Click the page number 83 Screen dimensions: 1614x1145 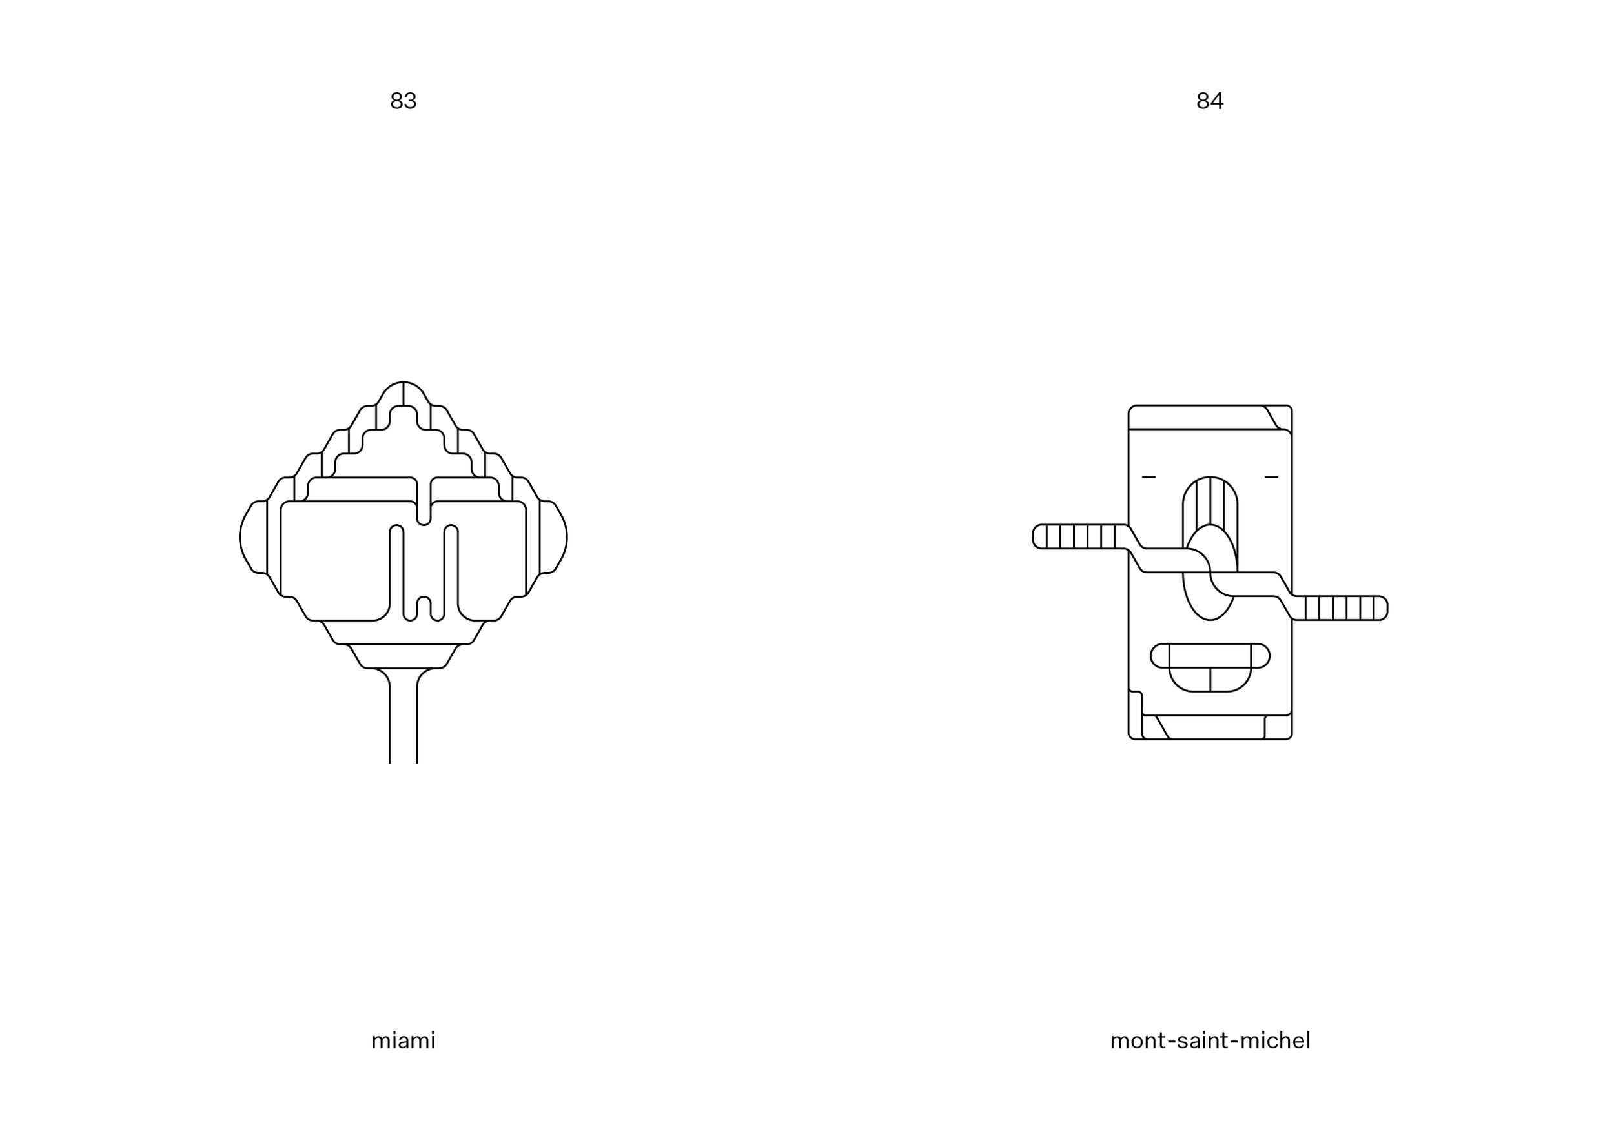pos(403,101)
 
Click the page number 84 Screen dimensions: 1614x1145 pos(1209,101)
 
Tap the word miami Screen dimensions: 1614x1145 pos(403,1040)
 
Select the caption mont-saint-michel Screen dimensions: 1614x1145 pos(1210,1040)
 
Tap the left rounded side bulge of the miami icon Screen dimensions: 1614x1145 pos(253,537)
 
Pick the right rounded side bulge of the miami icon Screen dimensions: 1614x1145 pos(553,537)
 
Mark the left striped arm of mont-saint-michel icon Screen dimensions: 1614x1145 pos(1079,536)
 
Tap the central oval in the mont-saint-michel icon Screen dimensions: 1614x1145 pos(1210,572)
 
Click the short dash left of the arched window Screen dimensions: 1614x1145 pos(1149,478)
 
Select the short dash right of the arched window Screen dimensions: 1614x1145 pos(1271,478)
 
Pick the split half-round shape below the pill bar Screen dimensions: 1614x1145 pos(1210,679)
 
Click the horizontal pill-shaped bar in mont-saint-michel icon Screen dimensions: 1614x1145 pos(1210,656)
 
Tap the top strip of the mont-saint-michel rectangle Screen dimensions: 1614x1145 pos(1199,418)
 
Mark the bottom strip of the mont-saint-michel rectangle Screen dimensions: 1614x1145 pos(1210,727)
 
